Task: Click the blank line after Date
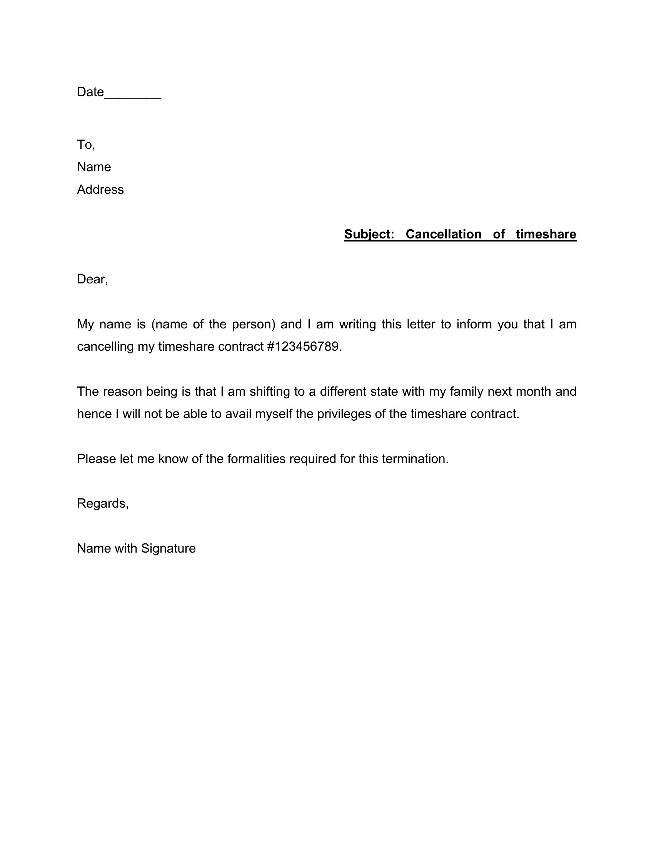132,93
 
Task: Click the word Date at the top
90,92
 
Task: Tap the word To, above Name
86,145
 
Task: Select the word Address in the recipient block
100,190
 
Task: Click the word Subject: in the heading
369,234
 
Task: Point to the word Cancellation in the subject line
443,234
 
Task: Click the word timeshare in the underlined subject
546,234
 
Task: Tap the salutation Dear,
92,279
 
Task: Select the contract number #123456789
303,347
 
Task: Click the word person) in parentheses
254,324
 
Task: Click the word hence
94,414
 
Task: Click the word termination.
415,459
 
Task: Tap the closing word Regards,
103,504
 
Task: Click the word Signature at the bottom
168,548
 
